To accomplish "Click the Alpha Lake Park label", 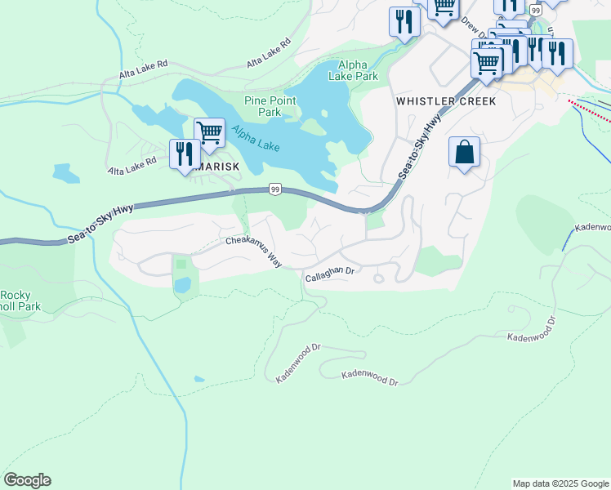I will pyautogui.click(x=353, y=70).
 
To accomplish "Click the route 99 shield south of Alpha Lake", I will pyautogui.click(x=275, y=189).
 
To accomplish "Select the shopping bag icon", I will pyautogui.click(x=464, y=153).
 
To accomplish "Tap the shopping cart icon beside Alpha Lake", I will pyautogui.click(x=209, y=132).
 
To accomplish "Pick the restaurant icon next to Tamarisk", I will pyautogui.click(x=184, y=154).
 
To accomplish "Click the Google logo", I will pyautogui.click(x=27, y=480).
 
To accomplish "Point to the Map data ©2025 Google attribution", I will pyautogui.click(x=560, y=483).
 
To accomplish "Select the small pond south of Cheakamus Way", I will pyautogui.click(x=184, y=285).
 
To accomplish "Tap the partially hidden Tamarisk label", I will pyautogui.click(x=219, y=167).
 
